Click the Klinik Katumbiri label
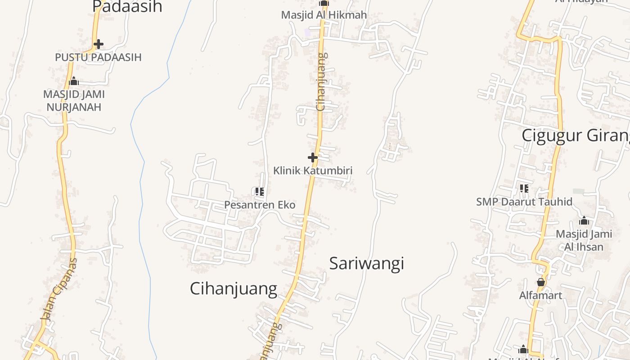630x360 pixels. (313, 171)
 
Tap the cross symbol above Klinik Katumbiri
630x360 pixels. (313, 157)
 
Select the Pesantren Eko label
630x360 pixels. (260, 205)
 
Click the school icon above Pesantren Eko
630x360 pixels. (259, 192)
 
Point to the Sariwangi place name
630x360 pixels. (366, 263)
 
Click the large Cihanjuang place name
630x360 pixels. (233, 288)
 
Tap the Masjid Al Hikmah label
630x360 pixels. (324, 15)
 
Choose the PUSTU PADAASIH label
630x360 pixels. (98, 57)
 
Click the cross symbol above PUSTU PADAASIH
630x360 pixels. (99, 44)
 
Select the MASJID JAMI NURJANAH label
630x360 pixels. (74, 101)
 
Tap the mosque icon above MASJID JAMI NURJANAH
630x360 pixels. (74, 81)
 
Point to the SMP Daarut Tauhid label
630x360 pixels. (524, 202)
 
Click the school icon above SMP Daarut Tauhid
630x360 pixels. (524, 188)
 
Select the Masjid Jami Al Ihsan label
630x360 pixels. (584, 240)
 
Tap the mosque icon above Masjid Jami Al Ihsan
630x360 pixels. (584, 220)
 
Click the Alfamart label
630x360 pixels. (540, 296)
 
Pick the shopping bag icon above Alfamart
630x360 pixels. (540, 282)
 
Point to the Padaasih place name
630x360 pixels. (127, 7)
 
